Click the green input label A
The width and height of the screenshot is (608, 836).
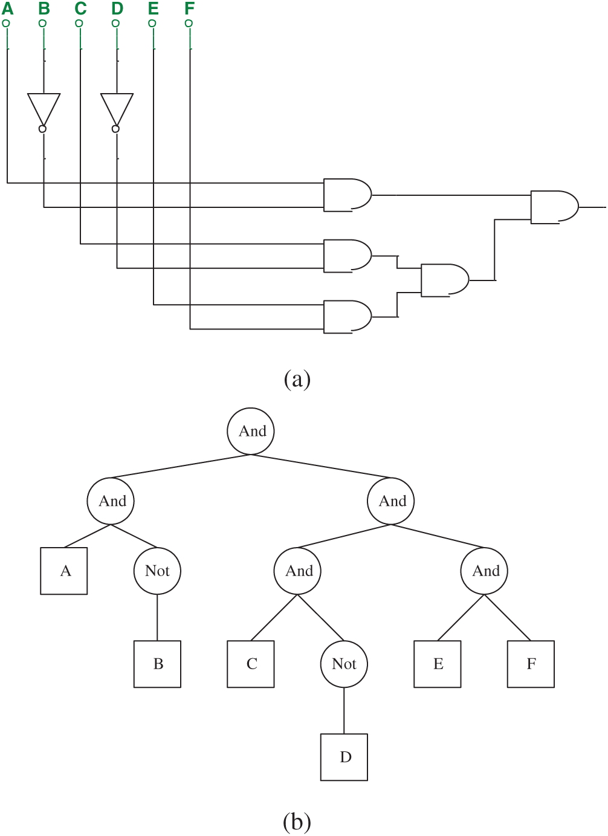[x=7, y=9]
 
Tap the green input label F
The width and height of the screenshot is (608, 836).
[x=190, y=9]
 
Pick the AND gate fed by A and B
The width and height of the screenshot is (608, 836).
[x=347, y=195]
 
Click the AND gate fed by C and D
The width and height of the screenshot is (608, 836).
[x=347, y=256]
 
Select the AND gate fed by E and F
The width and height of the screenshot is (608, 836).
[x=347, y=317]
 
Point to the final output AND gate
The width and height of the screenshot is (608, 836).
[x=554, y=207]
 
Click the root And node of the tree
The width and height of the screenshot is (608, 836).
[x=251, y=431]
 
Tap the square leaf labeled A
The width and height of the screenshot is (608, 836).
[x=64, y=571]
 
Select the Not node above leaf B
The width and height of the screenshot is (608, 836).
[x=157, y=571]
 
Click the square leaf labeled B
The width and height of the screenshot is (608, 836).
[x=157, y=664]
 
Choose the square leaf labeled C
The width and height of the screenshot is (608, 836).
[x=251, y=664]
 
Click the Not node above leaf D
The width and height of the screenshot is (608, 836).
[x=344, y=664]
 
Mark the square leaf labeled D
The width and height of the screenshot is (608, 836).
[x=344, y=757]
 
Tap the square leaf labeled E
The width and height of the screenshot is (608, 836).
[x=438, y=664]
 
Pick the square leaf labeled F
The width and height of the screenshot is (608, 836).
[x=531, y=664]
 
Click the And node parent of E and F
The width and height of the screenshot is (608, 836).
[x=484, y=571]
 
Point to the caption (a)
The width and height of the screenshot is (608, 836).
[x=297, y=379]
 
